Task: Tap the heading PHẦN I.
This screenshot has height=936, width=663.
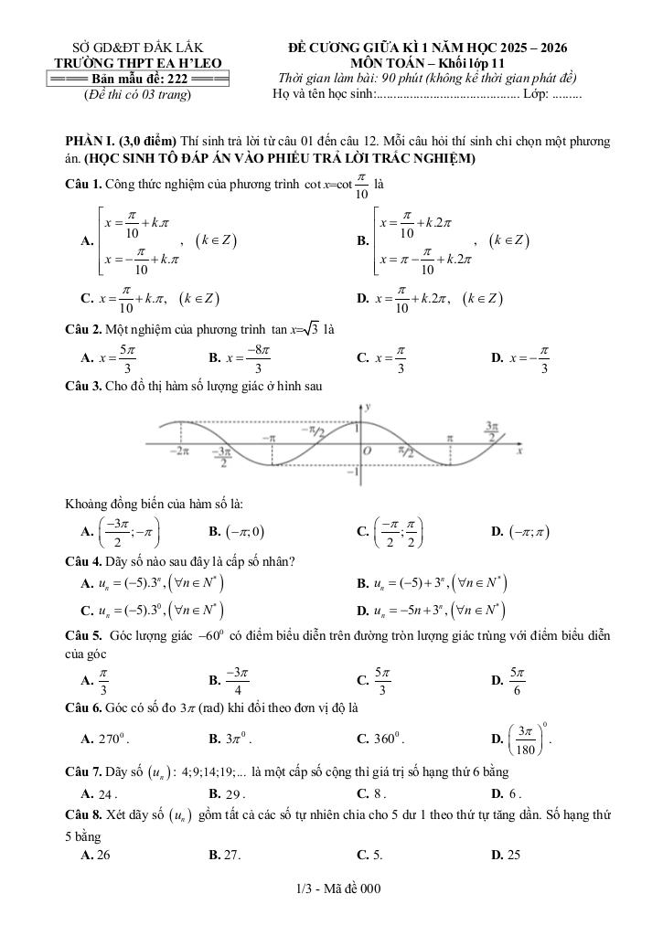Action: point(89,143)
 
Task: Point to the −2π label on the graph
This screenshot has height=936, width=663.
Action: point(179,451)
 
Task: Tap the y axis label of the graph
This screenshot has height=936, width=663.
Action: point(368,405)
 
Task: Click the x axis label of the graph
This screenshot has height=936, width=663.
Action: point(519,451)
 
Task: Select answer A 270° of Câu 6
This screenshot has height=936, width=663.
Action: point(107,738)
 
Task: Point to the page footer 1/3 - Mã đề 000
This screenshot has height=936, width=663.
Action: point(331,888)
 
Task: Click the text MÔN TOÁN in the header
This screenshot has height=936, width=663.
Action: point(393,63)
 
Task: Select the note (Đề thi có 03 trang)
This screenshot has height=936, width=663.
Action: point(137,94)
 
